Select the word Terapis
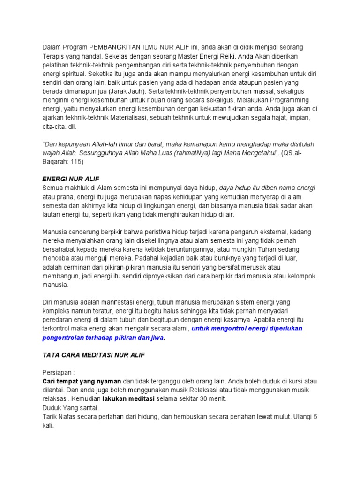pos(54,56)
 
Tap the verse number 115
pos(76,162)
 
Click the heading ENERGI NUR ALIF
pos(71,180)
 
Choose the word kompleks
pos(57,311)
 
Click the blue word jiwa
pos(157,337)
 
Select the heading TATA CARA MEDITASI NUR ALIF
pos(94,355)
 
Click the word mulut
pos(274,416)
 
